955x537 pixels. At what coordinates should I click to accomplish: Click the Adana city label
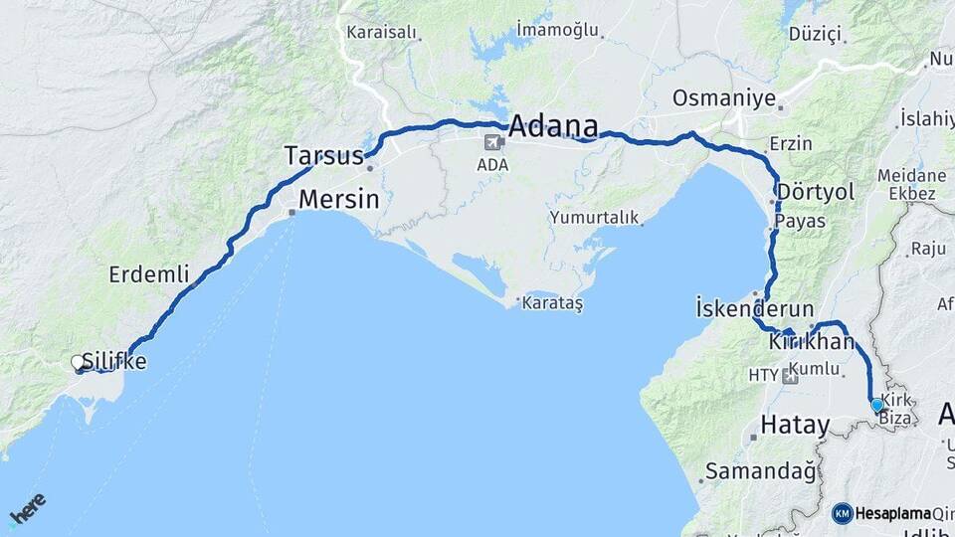point(553,127)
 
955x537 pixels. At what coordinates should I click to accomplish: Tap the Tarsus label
point(324,156)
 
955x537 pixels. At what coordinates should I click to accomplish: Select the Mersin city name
point(339,199)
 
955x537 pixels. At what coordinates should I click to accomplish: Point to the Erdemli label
point(148,274)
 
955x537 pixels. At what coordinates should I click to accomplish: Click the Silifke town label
point(115,362)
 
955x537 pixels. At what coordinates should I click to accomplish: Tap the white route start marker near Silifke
point(78,363)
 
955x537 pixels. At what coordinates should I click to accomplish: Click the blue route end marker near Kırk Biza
point(876,405)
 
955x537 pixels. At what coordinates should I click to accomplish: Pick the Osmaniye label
point(721,99)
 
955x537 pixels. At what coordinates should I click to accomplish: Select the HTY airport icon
point(790,375)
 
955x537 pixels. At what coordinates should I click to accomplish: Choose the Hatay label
point(794,425)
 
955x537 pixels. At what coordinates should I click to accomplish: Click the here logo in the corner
point(27,509)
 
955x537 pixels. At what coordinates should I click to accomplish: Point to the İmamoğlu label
point(558,30)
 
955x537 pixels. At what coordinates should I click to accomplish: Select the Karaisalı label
point(380,32)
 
